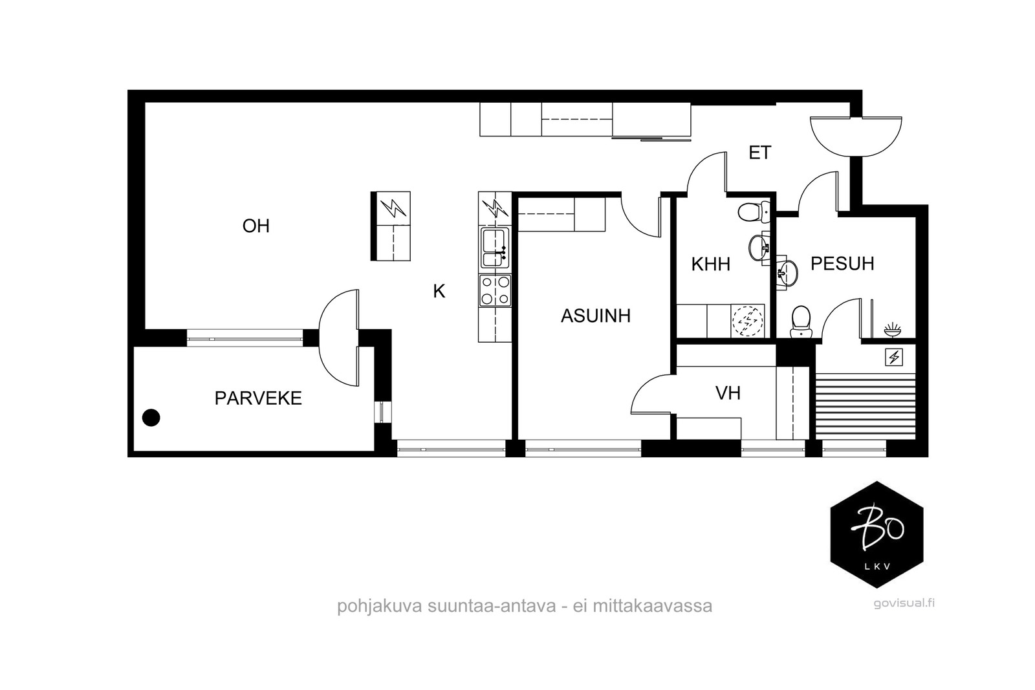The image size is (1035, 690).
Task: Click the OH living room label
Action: pyautogui.click(x=256, y=226)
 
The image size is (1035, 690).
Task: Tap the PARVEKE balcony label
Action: pyautogui.click(x=258, y=398)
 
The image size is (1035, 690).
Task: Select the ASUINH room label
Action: pyautogui.click(x=596, y=316)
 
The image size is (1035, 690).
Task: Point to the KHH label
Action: pyautogui.click(x=711, y=264)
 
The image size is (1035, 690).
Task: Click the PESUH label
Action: pyautogui.click(x=842, y=263)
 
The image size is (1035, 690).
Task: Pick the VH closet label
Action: pyautogui.click(x=728, y=393)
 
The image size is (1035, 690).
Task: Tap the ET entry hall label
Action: pyautogui.click(x=760, y=153)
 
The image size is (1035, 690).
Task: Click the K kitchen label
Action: pyautogui.click(x=439, y=292)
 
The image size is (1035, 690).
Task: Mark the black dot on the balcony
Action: pyautogui.click(x=151, y=418)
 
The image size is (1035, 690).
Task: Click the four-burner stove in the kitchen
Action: pyautogui.click(x=496, y=291)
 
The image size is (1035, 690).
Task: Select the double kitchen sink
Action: pyautogui.click(x=495, y=248)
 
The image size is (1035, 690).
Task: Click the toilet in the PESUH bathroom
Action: pyautogui.click(x=801, y=321)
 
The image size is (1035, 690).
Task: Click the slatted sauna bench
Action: pyautogui.click(x=866, y=406)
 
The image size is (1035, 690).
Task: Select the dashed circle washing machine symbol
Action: pyautogui.click(x=747, y=321)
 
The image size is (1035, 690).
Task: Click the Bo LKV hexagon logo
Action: pyautogui.click(x=877, y=535)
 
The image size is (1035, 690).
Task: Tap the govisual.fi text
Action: pyautogui.click(x=904, y=603)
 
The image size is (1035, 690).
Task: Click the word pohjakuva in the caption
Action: pyautogui.click(x=380, y=606)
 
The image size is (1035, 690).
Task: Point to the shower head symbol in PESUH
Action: pyautogui.click(x=892, y=329)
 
